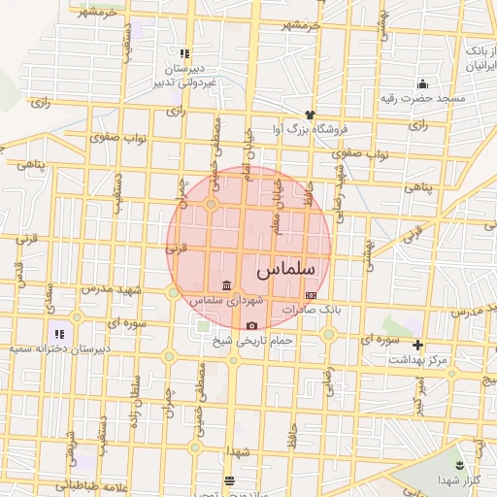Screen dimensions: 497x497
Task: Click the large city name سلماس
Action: pyautogui.click(x=288, y=267)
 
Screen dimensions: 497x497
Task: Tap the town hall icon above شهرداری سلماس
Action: pyautogui.click(x=226, y=285)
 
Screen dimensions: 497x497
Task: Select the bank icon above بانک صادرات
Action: pyautogui.click(x=310, y=294)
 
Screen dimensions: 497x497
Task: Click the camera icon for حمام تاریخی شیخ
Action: pyautogui.click(x=252, y=325)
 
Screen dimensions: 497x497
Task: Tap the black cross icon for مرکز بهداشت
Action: pyautogui.click(x=418, y=345)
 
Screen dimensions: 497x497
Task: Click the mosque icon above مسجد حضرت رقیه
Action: pyautogui.click(x=422, y=83)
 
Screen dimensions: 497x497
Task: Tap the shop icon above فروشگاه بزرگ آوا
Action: pyautogui.click(x=310, y=115)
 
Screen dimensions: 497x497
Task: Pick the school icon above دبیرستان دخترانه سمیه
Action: pyautogui.click(x=59, y=333)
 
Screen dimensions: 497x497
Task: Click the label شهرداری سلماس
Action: pyautogui.click(x=225, y=300)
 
